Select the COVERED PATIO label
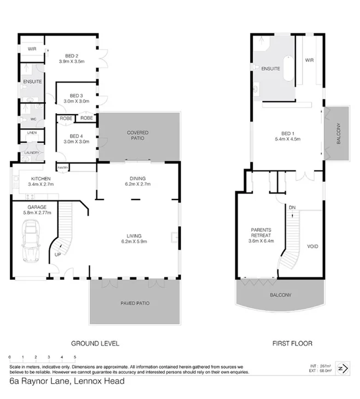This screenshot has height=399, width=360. point(137,133)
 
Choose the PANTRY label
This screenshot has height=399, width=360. point(63,167)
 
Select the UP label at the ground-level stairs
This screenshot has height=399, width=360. point(58,254)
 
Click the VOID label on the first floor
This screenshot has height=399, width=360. point(313,247)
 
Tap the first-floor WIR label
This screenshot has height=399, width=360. point(309,60)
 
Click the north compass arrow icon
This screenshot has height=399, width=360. point(344,368)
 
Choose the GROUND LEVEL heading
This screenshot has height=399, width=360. point(95,344)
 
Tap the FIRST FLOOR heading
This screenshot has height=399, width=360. point(292,344)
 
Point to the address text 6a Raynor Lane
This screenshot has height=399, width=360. point(41,381)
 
